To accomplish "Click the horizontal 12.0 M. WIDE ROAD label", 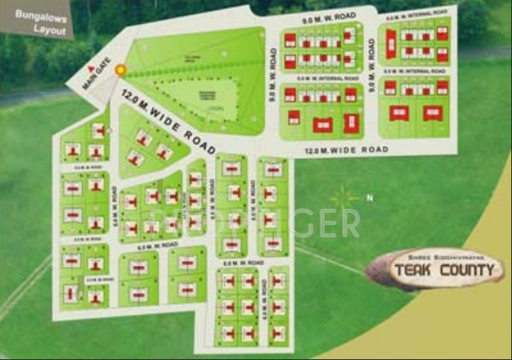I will click(x=347, y=150).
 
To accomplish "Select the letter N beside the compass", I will click(x=368, y=198).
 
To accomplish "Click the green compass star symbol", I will click(x=345, y=198).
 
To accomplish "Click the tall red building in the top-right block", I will click(x=390, y=47).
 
